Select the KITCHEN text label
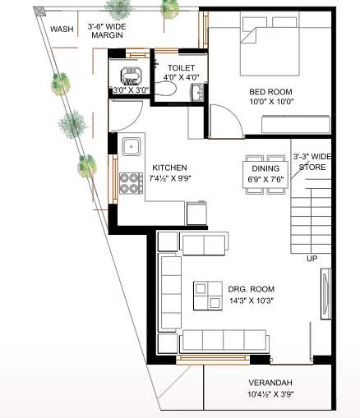(x=169, y=168)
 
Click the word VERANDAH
(x=270, y=384)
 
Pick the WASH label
(x=61, y=29)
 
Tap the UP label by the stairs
(x=312, y=259)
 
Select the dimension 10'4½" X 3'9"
(x=270, y=394)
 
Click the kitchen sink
(x=131, y=147)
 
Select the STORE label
(x=312, y=168)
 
